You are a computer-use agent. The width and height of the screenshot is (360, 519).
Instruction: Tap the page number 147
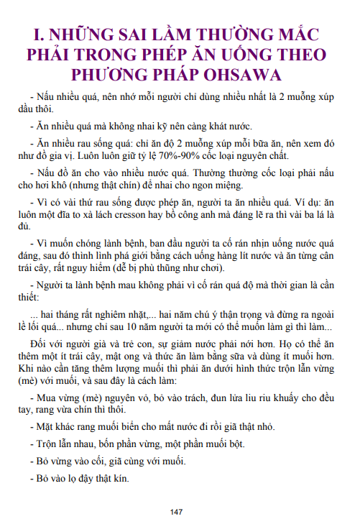click(177, 511)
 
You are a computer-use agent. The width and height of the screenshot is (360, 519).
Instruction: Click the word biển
click(119, 426)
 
